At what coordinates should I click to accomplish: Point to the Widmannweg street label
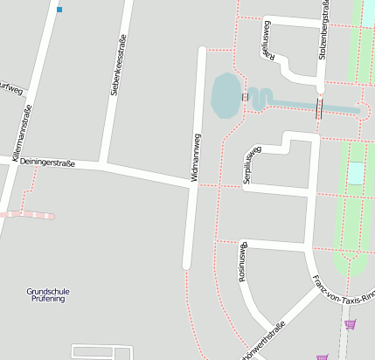click(196, 157)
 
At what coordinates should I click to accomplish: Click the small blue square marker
click(59, 10)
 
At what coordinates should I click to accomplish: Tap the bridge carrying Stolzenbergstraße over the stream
click(319, 108)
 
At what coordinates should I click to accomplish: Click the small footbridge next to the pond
click(246, 97)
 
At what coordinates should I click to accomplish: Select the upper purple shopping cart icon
click(351, 324)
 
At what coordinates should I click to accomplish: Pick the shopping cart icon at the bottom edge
click(322, 357)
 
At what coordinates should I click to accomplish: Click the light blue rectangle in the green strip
click(355, 173)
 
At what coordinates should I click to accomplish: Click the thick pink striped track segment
click(27, 214)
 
